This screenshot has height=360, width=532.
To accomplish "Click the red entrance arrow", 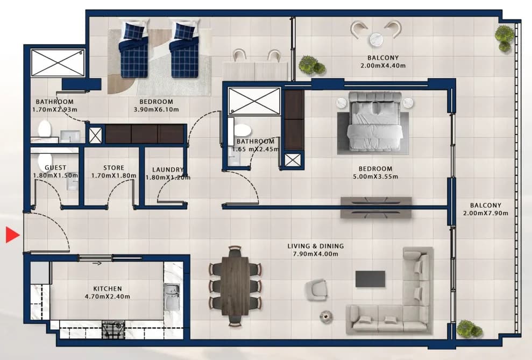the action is pos(12,235).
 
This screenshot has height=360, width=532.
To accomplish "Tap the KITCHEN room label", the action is pos(108,289).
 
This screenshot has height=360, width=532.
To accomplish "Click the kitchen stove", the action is pos(114,329).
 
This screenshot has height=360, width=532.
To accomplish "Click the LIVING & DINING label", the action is pos(316,246).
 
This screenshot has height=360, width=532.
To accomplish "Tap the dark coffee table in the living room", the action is pos(370,279).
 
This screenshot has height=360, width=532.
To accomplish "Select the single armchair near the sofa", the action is pos(316,290).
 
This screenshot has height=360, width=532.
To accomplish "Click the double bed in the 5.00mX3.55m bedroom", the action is pos(374,121).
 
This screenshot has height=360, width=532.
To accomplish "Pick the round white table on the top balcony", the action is pos(376,39).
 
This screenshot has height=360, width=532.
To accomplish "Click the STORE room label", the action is pos(114,167).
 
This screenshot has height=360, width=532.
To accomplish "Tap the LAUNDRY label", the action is pos(168,170).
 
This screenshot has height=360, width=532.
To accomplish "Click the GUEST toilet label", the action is pos(55,167).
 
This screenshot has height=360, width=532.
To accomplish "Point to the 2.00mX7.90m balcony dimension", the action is pos(486,213).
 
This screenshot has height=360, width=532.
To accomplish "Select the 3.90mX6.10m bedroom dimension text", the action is pos(156,109).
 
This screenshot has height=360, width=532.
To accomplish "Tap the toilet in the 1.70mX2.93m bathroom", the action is pos(45,129).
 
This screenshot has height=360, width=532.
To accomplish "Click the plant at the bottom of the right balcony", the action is pos(469,328).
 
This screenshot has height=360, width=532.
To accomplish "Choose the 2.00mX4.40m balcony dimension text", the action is pos(382,66).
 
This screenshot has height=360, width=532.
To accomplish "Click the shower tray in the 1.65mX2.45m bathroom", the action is pos(254,101).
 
